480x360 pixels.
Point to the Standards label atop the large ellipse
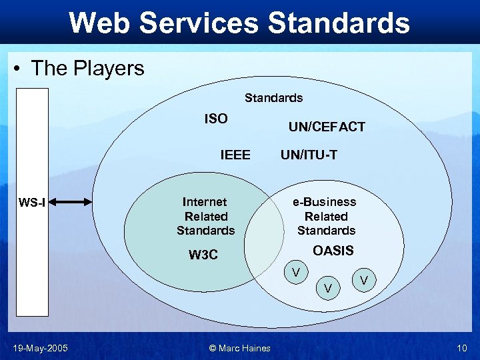tap(273, 98)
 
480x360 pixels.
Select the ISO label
tap(215, 119)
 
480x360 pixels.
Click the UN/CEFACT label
tap(327, 127)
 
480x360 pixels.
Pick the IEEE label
tap(235, 155)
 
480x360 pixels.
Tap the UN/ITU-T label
tap(309, 155)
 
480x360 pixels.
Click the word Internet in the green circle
tap(205, 201)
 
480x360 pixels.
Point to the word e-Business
tap(326, 201)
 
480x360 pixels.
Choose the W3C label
tap(203, 255)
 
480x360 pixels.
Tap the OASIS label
tap(333, 251)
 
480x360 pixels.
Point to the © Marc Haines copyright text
tap(239, 347)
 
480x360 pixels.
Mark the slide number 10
tap(462, 347)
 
